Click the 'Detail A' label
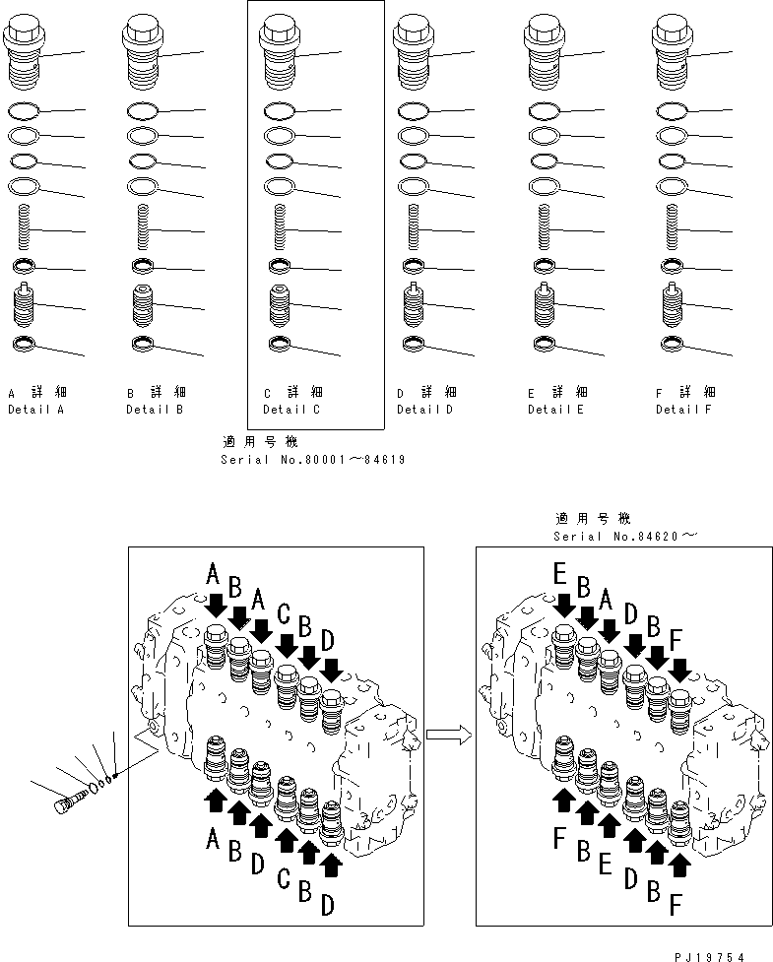pyautogui.click(x=35, y=409)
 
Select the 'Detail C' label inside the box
pyautogui.click(x=291, y=409)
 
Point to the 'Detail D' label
pyautogui.click(x=424, y=409)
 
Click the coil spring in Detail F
pyautogui.click(x=673, y=228)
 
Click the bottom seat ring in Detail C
pyautogui.click(x=279, y=343)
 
